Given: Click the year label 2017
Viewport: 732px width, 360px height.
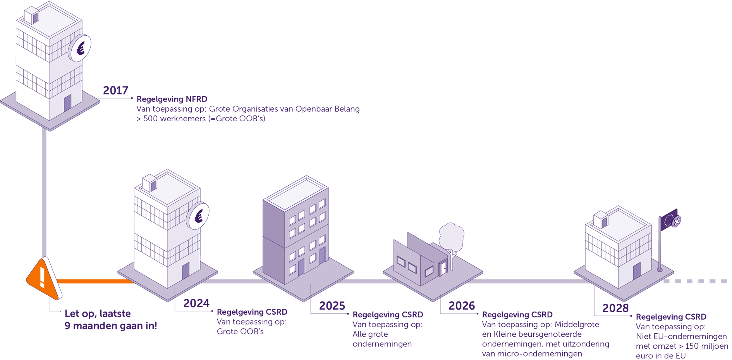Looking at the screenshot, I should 115,90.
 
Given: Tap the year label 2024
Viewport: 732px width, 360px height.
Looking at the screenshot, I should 196,303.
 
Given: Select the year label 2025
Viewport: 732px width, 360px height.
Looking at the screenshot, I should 332,306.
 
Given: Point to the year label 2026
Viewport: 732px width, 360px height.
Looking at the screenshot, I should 462,306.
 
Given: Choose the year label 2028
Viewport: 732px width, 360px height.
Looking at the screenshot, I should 615,308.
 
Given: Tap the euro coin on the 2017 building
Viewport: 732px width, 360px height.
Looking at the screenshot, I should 80,48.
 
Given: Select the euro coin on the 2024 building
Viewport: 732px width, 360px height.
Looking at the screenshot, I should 198,216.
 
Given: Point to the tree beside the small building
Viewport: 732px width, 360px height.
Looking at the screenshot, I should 451,236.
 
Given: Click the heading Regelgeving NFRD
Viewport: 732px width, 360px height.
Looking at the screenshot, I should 172,99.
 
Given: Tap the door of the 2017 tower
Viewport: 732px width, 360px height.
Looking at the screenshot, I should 68,103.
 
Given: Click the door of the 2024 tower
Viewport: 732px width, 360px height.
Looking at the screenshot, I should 186,270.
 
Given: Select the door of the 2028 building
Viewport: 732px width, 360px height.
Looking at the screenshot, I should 637,271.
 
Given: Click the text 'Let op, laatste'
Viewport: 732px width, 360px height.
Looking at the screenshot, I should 98,313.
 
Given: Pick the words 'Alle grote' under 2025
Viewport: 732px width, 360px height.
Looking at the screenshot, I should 370,334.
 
